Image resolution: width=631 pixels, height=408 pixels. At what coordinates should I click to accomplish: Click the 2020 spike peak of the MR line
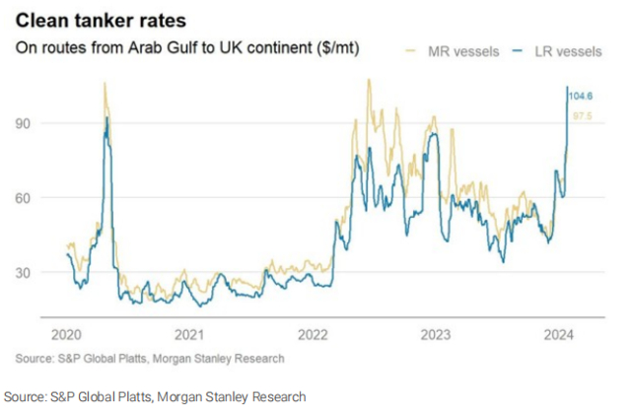(x=105, y=85)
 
